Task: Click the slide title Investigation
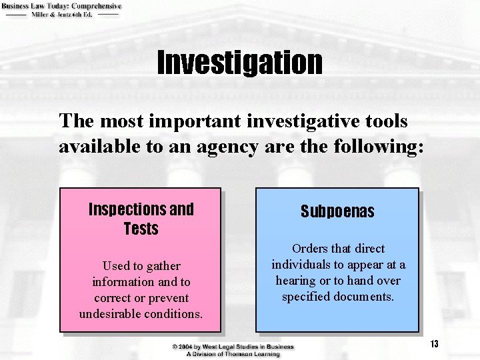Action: click(239, 62)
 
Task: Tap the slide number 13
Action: click(434, 344)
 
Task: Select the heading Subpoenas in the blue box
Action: click(337, 212)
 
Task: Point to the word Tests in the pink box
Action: click(141, 229)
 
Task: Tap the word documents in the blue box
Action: click(367, 297)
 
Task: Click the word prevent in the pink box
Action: click(168, 297)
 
